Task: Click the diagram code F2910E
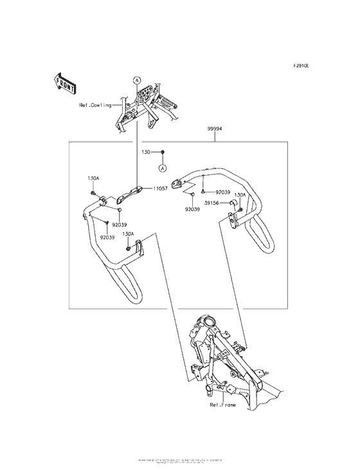pos(301,66)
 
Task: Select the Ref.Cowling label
pos(95,105)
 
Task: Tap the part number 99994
pos(215,129)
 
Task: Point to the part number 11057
pos(161,189)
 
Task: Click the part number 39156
pos(213,202)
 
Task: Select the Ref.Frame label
pos(223,406)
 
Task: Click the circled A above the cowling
pos(137,80)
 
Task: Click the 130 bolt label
pos(146,152)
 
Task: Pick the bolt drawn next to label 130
pos(163,152)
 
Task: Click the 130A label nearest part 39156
pos(240,194)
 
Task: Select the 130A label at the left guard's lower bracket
pos(129,234)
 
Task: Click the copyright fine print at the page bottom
pos(180,461)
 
